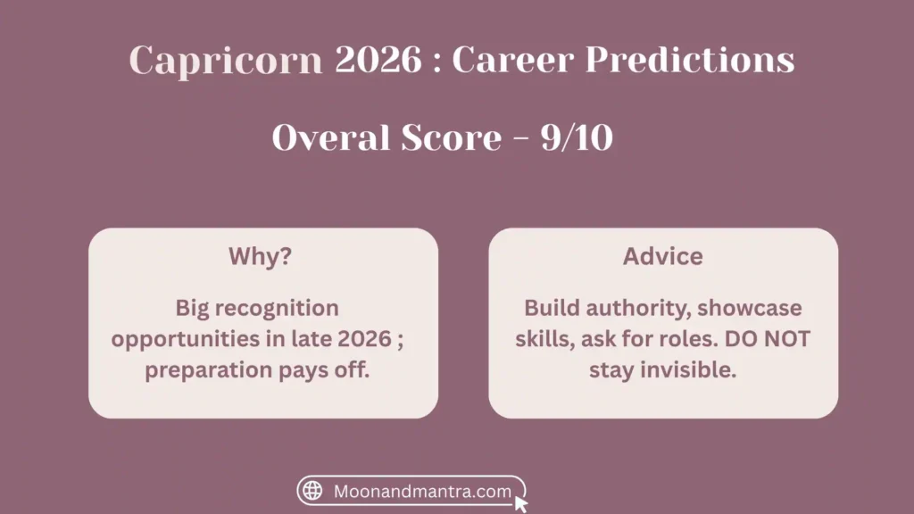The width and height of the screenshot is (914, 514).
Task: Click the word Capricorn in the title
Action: [226, 61]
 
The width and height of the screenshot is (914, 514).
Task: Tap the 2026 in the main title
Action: [378, 59]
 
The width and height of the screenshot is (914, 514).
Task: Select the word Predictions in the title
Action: [690, 59]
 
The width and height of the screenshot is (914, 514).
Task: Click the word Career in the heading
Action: [513, 60]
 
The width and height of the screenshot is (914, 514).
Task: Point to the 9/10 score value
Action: [577, 138]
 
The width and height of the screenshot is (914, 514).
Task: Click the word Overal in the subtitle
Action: [331, 138]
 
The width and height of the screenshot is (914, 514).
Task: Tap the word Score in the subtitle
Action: [451, 138]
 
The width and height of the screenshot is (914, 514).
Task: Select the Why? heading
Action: [260, 256]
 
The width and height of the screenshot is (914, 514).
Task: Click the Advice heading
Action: [663, 256]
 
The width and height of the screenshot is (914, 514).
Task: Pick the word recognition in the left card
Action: [277, 309]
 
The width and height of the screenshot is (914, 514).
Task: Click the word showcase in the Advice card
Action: [750, 308]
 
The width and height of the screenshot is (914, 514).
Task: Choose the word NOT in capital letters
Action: [787, 339]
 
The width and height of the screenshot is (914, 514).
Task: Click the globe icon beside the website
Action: [312, 491]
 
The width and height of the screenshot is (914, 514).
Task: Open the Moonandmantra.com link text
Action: [422, 492]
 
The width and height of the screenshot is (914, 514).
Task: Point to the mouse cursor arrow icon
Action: [520, 503]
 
